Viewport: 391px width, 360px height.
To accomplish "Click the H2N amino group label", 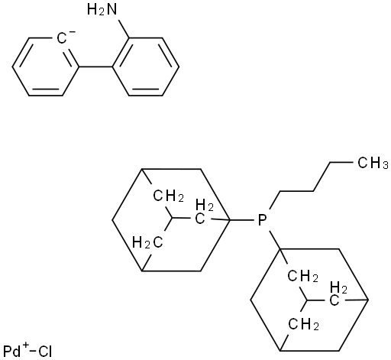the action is tap(102, 10).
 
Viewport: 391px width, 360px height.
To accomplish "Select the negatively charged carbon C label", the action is tap(62, 39).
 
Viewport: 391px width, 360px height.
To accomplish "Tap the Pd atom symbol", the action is tap(12, 352).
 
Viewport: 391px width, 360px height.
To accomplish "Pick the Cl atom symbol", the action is tap(45, 352).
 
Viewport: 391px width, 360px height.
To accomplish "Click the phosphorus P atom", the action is tap(262, 220).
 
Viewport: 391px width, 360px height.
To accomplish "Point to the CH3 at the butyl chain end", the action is tap(373, 163).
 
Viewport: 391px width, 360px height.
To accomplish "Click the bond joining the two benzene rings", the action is tap(95, 67).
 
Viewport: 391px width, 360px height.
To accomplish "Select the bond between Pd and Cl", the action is tap(33, 352).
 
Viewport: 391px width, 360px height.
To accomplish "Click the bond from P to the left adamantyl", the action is tap(242, 219).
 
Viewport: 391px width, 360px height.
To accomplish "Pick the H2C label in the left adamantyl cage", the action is tap(147, 242).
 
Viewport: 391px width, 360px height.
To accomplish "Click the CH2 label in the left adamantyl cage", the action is tap(168, 196).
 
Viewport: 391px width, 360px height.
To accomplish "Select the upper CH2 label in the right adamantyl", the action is tap(303, 276).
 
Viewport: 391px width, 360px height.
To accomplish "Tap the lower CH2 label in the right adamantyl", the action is tap(303, 324).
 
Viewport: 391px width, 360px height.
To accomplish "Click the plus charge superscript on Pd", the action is tap(25, 346).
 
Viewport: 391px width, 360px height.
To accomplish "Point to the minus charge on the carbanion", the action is tap(73, 32).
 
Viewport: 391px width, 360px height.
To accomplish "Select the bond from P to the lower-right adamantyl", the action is tap(273, 240).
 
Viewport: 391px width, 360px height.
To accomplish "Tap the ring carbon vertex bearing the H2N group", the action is tap(130, 38).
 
